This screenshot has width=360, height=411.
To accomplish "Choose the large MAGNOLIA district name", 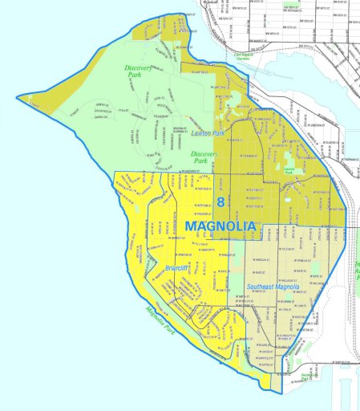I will click(220, 226).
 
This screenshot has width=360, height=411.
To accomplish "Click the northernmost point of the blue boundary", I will click(172, 14).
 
